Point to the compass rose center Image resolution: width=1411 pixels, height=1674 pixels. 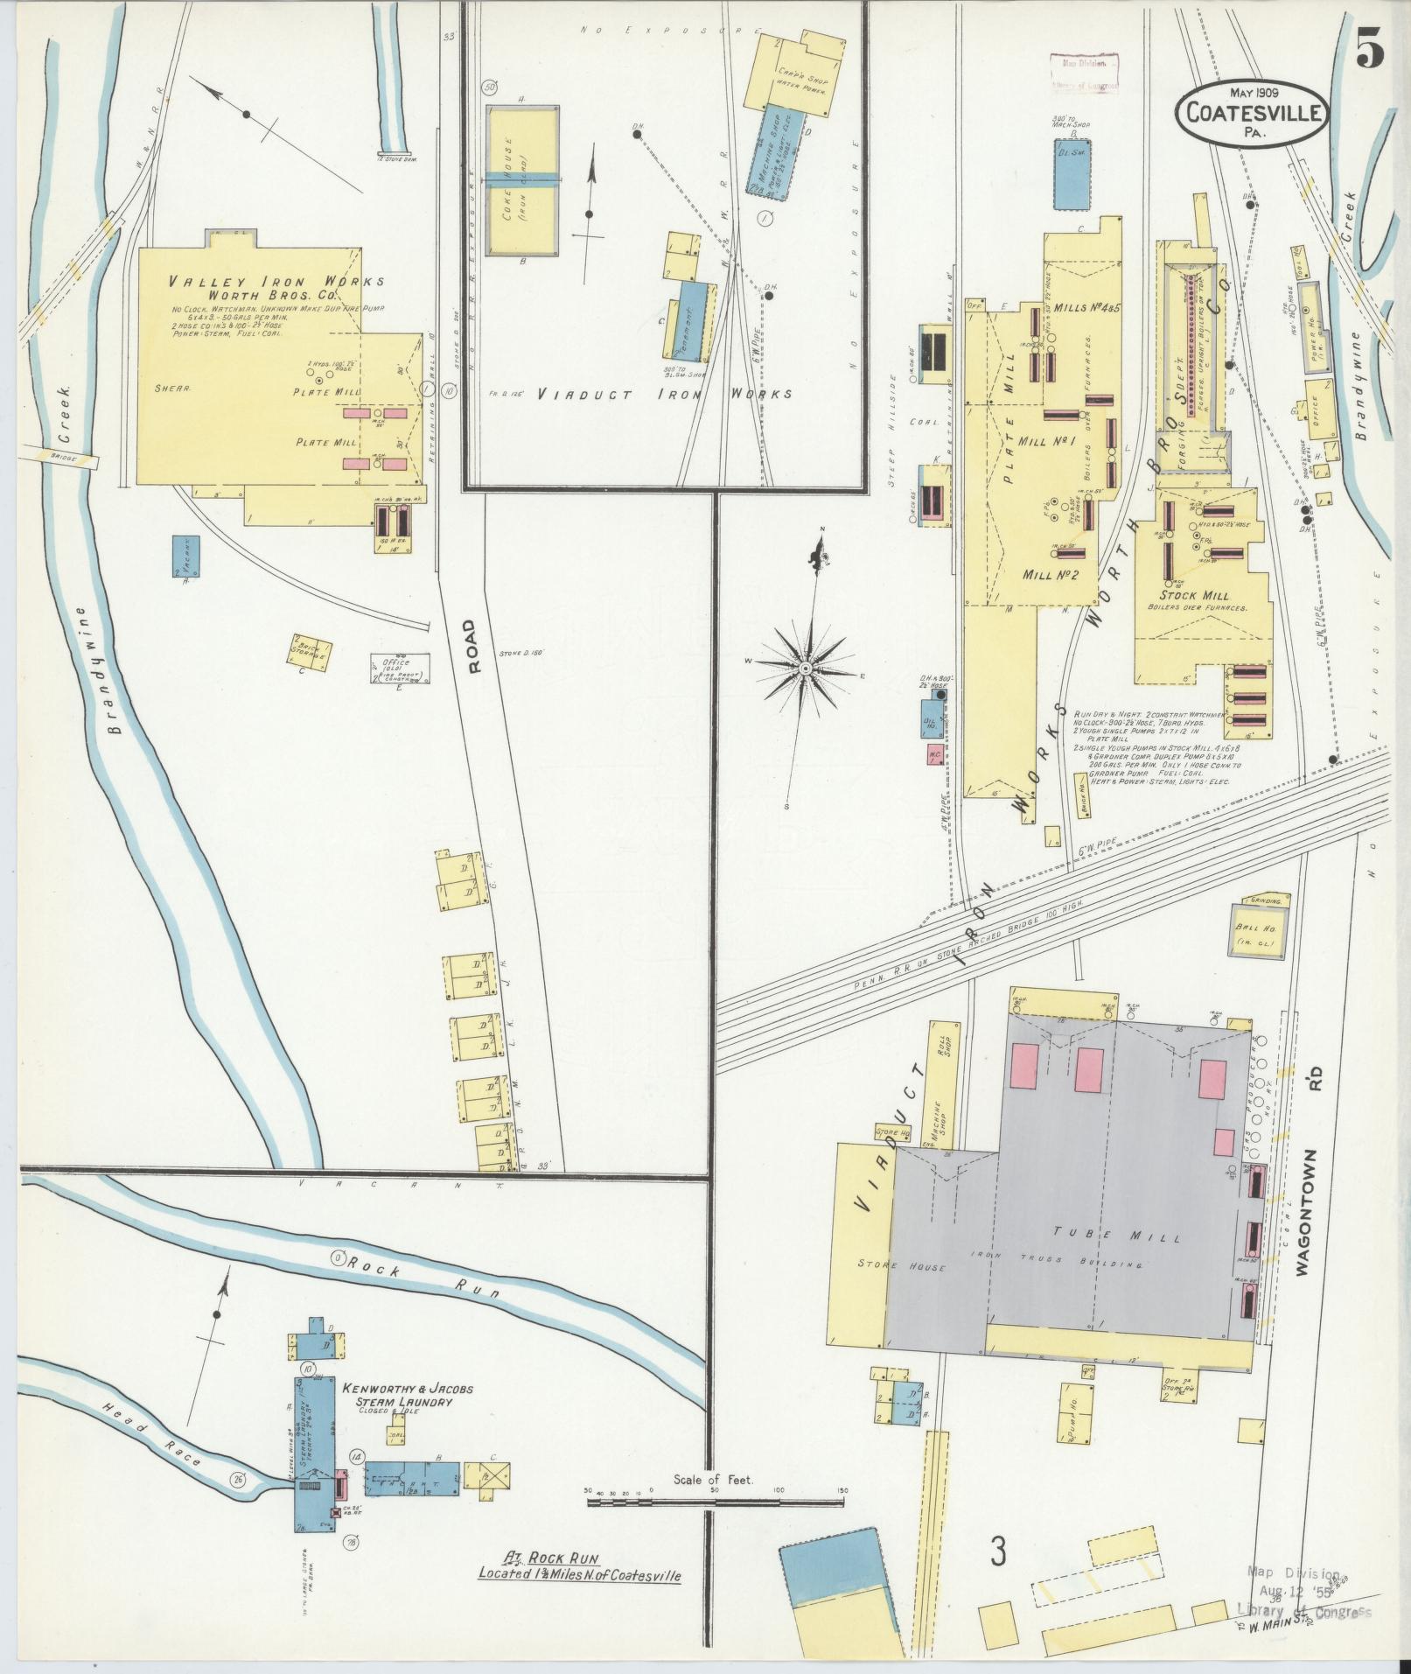tap(805, 669)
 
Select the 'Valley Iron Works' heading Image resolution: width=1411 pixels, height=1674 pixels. tap(276, 282)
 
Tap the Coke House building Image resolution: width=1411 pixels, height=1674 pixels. tap(521, 179)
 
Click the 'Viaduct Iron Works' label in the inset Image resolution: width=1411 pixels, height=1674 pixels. tap(665, 394)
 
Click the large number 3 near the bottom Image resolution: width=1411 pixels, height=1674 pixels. tap(998, 1551)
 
